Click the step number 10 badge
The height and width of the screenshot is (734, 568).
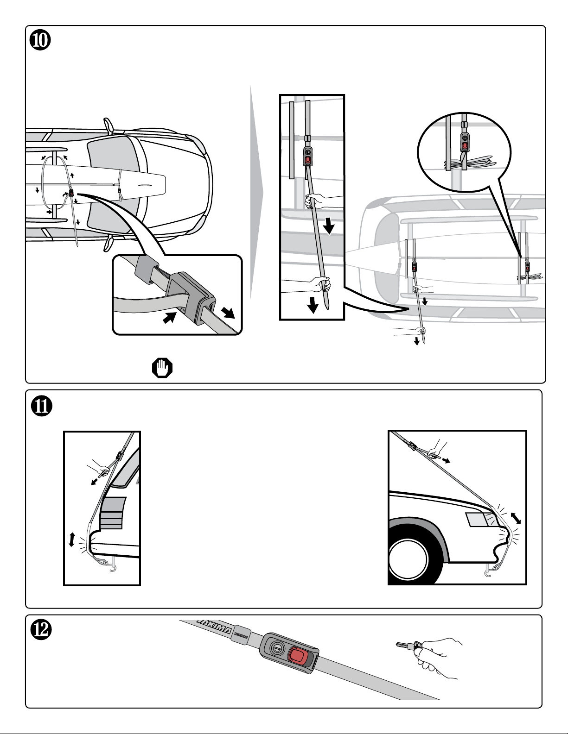40,40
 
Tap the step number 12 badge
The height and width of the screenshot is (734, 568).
41,630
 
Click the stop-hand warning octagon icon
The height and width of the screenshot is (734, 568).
162,368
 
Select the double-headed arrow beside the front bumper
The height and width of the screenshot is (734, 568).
516,518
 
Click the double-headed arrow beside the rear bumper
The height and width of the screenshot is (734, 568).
71,540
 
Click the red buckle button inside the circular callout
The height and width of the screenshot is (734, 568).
465,145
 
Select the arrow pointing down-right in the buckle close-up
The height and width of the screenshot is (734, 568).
228,313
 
